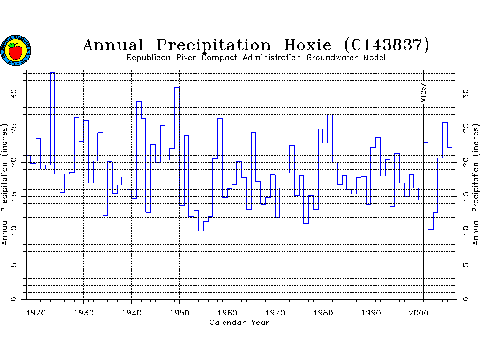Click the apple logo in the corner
tap(16, 50)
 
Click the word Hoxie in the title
tap(307, 45)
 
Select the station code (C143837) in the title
tap(386, 45)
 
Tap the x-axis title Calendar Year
tap(239, 322)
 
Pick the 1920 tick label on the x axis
tap(36, 312)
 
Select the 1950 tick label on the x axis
tap(180, 312)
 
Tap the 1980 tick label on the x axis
tap(323, 312)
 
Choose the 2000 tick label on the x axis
tap(419, 312)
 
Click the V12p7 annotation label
tap(423, 93)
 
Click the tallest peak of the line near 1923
tap(52, 72)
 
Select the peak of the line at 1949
tap(177, 87)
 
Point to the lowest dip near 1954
tap(201, 231)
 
